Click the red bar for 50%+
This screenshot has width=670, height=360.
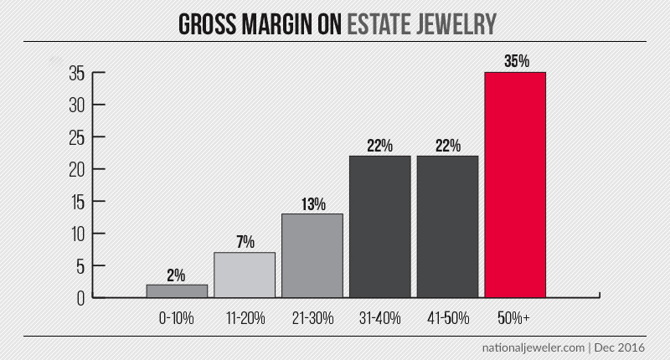pyautogui.click(x=515, y=184)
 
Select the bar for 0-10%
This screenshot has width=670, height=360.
pyautogui.click(x=177, y=291)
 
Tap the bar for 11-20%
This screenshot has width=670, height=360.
pyautogui.click(x=245, y=275)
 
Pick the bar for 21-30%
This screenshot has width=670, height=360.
pyautogui.click(x=312, y=255)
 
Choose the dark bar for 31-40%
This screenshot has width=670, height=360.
pyautogui.click(x=379, y=226)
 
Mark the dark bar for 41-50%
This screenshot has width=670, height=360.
pyautogui.click(x=447, y=226)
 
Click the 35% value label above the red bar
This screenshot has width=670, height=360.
pyautogui.click(x=515, y=61)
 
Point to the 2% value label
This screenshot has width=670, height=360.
pyautogui.click(x=177, y=274)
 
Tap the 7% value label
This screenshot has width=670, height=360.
pyautogui.click(x=245, y=241)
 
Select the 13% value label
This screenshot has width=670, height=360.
pyautogui.click(x=312, y=203)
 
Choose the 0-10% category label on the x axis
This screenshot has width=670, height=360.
pyautogui.click(x=177, y=318)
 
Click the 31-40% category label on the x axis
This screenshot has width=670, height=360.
pyautogui.click(x=379, y=318)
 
